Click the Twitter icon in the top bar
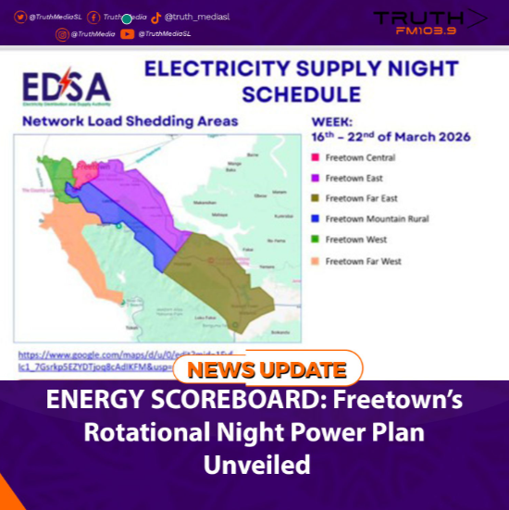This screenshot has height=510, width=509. [19, 17]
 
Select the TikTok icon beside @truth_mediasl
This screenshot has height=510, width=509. [155, 17]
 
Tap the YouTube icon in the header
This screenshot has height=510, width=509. [127, 34]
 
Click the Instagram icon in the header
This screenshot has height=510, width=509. [62, 34]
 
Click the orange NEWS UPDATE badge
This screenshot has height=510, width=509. [267, 370]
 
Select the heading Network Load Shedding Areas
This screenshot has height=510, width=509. [130, 121]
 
